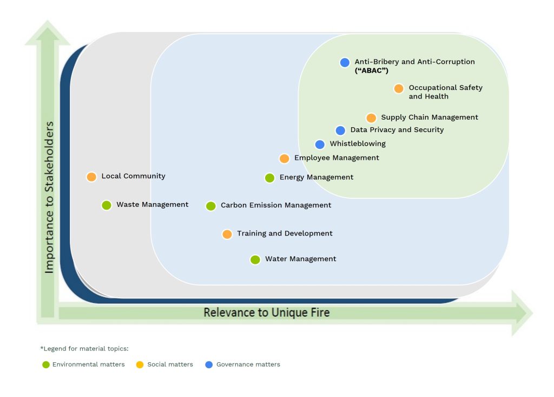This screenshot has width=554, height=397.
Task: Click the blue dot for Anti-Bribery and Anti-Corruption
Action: (x=345, y=62)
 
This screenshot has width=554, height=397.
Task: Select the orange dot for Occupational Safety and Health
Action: (x=399, y=88)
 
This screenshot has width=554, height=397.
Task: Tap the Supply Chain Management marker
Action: (x=371, y=118)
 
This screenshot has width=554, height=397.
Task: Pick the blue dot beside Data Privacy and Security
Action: (x=340, y=131)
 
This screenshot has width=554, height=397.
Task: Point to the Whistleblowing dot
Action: (x=320, y=145)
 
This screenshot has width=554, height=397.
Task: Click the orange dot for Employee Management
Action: (x=284, y=159)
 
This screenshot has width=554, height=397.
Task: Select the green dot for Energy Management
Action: (x=269, y=178)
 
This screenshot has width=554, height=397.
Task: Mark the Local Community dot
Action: (x=91, y=177)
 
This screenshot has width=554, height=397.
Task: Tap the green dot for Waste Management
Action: (x=107, y=205)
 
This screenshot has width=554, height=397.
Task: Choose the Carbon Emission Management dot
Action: (x=211, y=206)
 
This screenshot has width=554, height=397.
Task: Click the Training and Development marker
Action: (x=227, y=234)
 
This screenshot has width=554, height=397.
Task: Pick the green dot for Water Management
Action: (x=255, y=259)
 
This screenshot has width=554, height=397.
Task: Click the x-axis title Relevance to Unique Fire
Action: (x=266, y=313)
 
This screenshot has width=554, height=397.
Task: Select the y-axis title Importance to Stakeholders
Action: (x=49, y=197)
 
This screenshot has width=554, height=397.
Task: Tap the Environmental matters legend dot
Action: (x=46, y=365)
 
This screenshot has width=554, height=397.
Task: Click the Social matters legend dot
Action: (x=141, y=365)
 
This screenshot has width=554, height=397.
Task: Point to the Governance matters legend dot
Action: (x=209, y=365)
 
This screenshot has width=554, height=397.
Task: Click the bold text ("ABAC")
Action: (x=372, y=71)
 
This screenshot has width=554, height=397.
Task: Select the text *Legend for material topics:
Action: (x=84, y=348)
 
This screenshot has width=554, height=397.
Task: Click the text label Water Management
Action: (x=300, y=259)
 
